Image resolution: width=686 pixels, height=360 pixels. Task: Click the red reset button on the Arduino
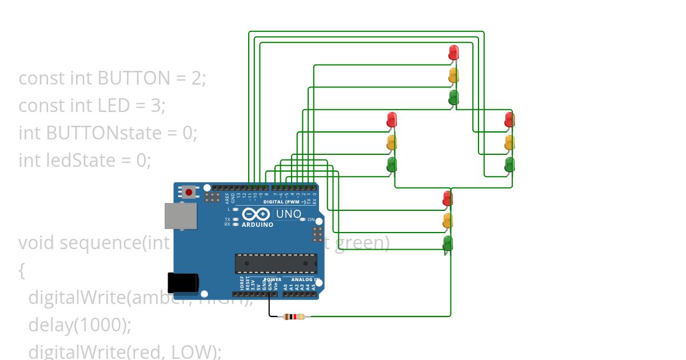coord(189,192)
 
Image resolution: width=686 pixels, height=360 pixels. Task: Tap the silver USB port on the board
coord(180,215)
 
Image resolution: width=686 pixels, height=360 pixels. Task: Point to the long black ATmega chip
coord(276,263)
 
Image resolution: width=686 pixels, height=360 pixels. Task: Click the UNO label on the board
coord(289,214)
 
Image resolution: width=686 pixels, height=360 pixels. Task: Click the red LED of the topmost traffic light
coord(454,52)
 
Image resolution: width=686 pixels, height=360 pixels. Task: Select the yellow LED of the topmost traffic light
coord(454,74)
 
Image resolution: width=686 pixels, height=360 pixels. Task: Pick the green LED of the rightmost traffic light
coord(509,165)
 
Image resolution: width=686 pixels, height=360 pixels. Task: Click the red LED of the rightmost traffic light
coord(509,119)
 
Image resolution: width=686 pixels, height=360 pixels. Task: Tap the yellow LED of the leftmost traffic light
coord(392,142)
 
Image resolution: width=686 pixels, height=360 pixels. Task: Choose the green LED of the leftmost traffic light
coord(392,165)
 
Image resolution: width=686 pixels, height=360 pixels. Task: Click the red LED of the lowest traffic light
coord(448,198)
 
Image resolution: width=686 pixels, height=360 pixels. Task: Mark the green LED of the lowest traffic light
coord(448,243)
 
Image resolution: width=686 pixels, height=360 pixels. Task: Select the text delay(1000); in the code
coord(80,325)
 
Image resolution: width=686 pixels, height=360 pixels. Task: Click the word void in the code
coord(37,243)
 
